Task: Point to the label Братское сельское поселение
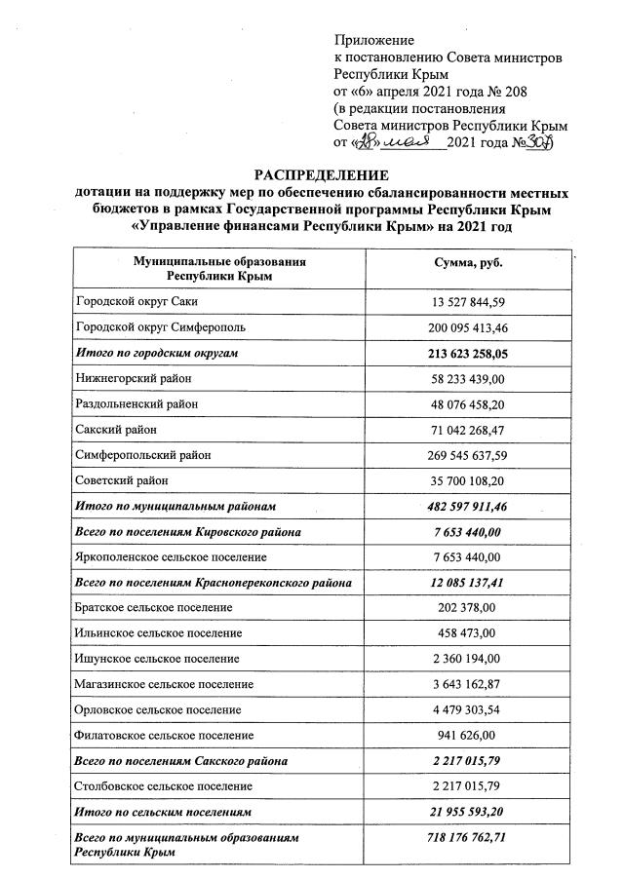154,607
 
